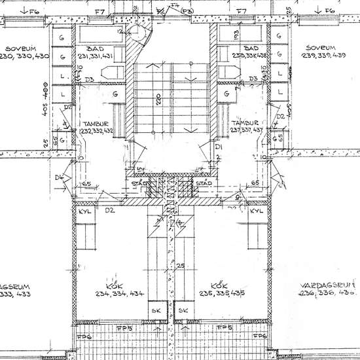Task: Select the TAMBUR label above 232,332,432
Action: (97, 123)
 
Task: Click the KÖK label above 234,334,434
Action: (116, 285)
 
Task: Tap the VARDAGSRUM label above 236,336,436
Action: (327, 286)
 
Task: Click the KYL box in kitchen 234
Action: (84, 212)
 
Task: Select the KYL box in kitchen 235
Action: (257, 212)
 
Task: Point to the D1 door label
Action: (219, 147)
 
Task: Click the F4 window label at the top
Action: (174, 6)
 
